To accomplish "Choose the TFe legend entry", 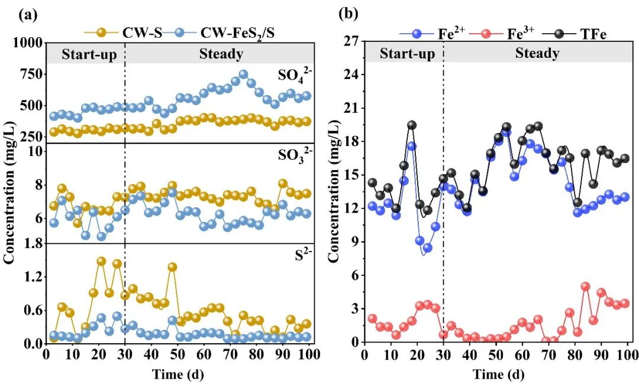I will tap(585, 34).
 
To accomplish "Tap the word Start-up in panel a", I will tap(90, 54).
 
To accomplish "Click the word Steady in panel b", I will tap(537, 53).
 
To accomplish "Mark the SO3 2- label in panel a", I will tap(292, 156).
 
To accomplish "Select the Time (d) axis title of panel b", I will tap(496, 374).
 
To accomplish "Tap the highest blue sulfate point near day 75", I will tap(243, 74).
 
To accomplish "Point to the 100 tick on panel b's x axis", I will tap(628, 354).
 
